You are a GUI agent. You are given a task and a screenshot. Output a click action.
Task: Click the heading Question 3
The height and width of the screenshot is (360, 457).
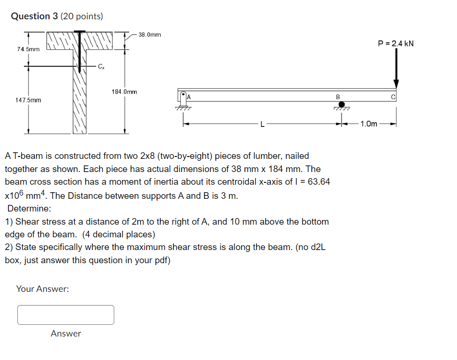click(x=56, y=16)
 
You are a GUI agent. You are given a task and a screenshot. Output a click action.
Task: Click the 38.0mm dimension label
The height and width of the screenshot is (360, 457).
click(x=150, y=35)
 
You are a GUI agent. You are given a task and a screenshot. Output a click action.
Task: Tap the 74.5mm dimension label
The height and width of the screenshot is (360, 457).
click(x=28, y=49)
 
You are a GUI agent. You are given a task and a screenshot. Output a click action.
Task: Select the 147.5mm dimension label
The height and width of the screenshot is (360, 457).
click(x=28, y=100)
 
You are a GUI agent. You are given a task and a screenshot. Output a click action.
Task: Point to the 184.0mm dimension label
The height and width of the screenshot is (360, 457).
click(x=125, y=92)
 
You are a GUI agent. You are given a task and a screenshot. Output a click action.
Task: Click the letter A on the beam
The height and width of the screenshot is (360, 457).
click(x=189, y=96)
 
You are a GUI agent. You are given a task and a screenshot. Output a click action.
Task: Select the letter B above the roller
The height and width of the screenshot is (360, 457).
click(x=338, y=97)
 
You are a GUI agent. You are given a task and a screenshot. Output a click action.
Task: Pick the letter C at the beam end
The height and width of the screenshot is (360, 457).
click(x=394, y=97)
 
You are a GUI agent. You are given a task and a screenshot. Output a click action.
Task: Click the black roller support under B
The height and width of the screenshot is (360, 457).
click(x=341, y=104)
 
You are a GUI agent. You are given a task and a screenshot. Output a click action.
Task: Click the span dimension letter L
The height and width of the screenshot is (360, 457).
click(x=263, y=124)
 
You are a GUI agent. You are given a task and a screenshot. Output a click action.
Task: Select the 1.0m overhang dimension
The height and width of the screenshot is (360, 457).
click(x=369, y=124)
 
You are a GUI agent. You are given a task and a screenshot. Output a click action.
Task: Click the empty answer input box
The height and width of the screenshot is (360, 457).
click(x=66, y=315)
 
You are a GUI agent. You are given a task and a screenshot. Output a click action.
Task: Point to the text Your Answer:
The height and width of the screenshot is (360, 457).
click(x=43, y=289)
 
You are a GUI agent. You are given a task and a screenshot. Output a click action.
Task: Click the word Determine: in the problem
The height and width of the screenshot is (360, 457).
click(x=29, y=209)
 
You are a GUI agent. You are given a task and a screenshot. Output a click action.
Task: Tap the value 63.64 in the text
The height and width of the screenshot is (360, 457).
click(x=318, y=182)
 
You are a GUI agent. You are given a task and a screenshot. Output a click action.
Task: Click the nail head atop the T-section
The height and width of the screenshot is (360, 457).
click(x=80, y=32)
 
